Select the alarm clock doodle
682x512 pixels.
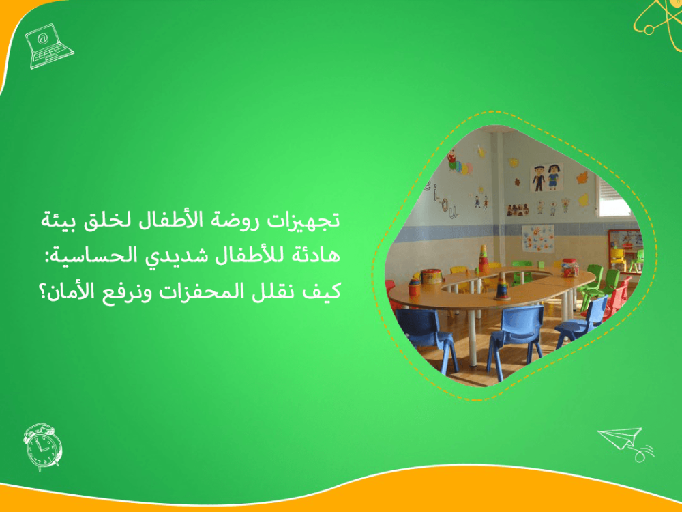pyautogui.click(x=42, y=446)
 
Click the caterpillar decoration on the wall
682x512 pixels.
pyautogui.click(x=458, y=165)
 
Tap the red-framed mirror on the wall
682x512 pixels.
pyautogui.click(x=623, y=243)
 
